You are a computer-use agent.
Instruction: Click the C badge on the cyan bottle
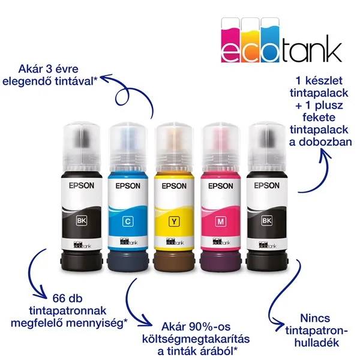(x=128, y=221)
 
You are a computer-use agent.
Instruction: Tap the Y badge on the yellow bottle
(x=174, y=221)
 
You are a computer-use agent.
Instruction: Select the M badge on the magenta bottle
(x=221, y=221)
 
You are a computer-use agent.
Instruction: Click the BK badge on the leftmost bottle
(x=82, y=221)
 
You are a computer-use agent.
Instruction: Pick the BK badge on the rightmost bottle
(x=266, y=221)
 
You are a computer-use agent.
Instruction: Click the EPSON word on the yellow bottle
(x=174, y=186)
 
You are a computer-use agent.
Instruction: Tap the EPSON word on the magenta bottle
(x=221, y=186)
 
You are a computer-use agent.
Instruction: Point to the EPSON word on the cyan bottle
(x=128, y=186)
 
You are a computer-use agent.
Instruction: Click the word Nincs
(x=315, y=319)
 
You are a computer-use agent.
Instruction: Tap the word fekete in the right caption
(x=319, y=118)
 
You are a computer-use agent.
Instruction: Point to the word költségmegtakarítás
(x=196, y=340)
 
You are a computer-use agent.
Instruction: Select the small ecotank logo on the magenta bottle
(x=221, y=242)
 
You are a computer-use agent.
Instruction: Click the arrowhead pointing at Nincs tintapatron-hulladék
(x=279, y=325)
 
